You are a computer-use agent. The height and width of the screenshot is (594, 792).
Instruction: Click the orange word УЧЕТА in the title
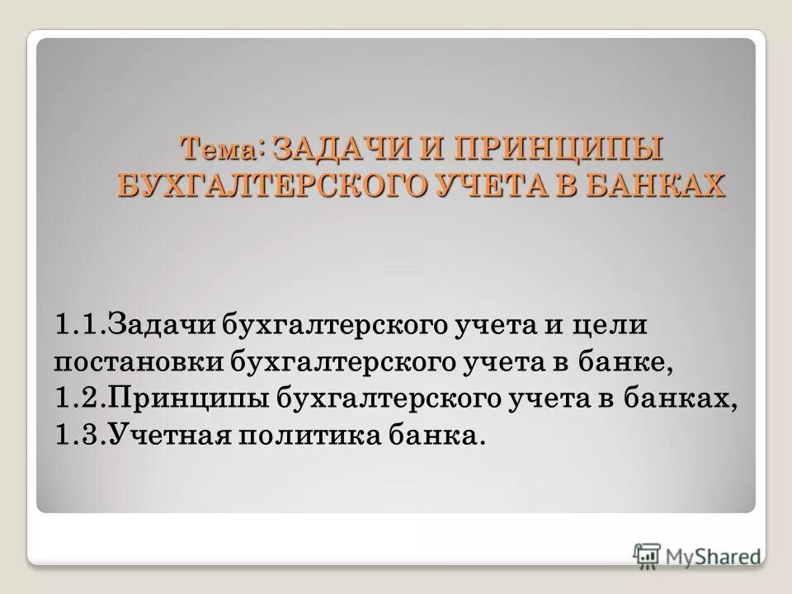(502, 185)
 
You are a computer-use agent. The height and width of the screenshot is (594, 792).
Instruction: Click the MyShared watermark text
(714, 555)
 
